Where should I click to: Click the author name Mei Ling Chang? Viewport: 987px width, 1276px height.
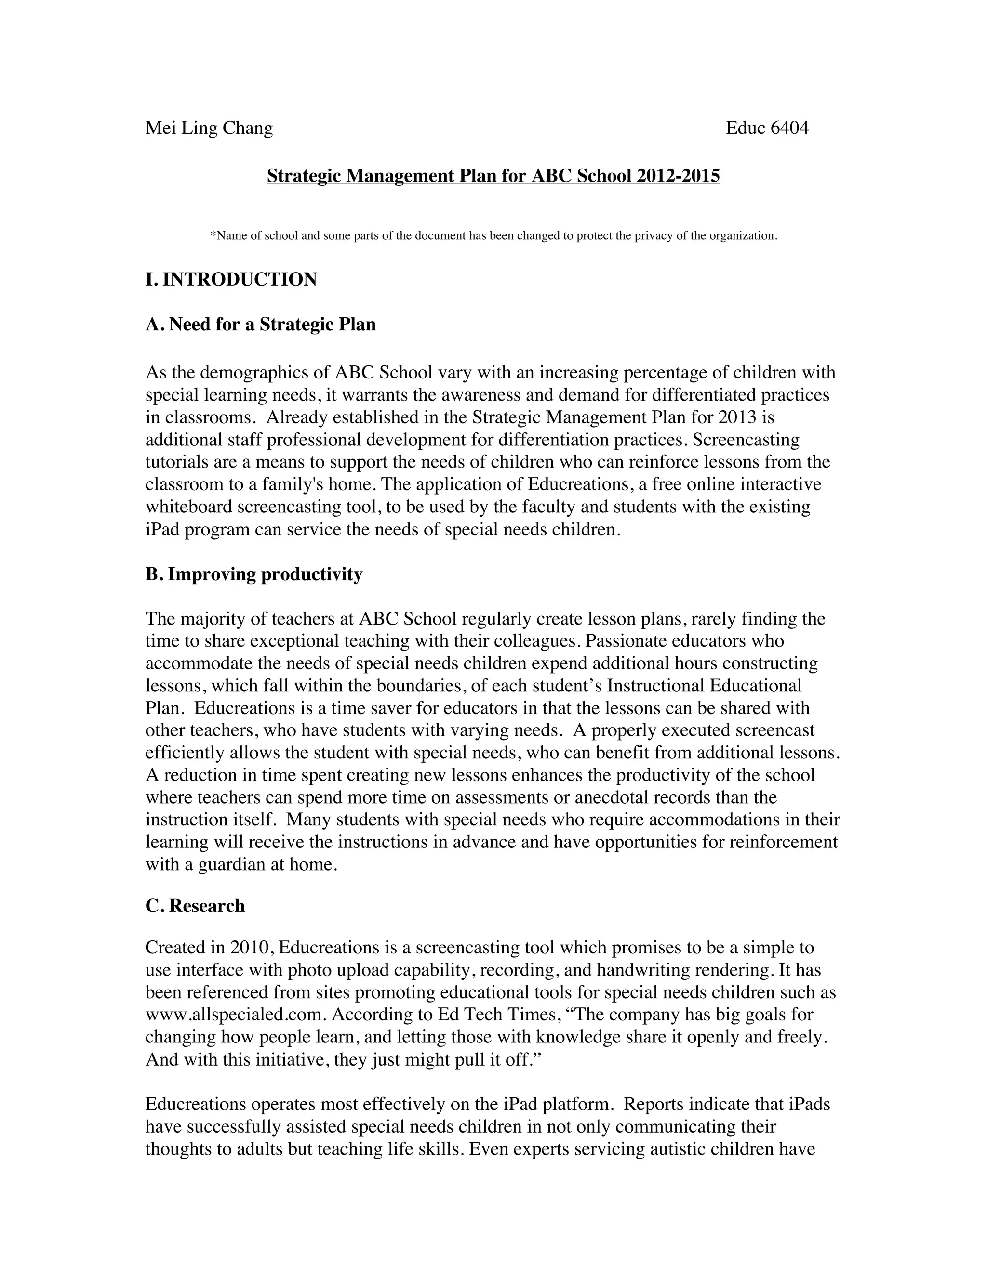[x=209, y=128]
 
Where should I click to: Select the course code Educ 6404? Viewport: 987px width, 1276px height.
[x=767, y=128]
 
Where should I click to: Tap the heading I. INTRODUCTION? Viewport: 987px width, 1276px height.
[x=231, y=279]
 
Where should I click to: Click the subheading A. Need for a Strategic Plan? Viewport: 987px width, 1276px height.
[x=260, y=324]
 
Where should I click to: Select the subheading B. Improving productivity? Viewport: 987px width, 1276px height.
[x=254, y=574]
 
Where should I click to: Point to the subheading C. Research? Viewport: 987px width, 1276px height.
[x=195, y=906]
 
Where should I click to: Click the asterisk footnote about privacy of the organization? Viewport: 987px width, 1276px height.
[x=493, y=236]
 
